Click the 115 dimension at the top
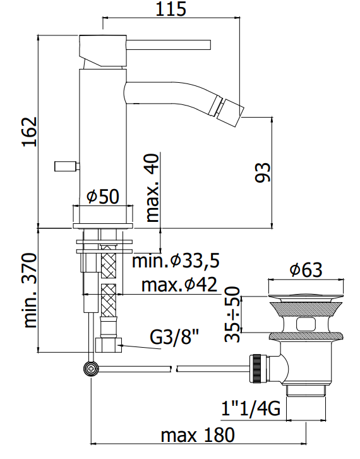(171, 9)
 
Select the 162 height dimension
(30, 132)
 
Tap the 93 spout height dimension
(263, 173)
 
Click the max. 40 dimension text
(152, 188)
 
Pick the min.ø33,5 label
(176, 260)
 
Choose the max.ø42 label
(179, 284)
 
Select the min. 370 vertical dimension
(30, 290)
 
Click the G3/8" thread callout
(174, 337)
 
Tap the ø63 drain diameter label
(306, 269)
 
